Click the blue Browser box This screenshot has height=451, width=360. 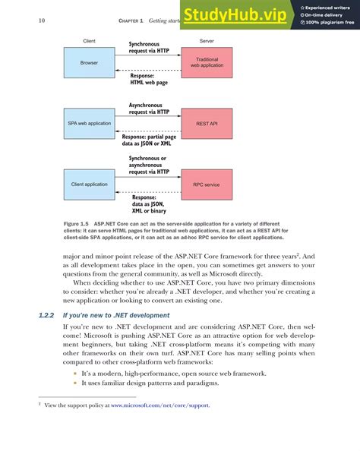[x=89, y=63]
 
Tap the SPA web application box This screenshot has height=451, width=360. [x=89, y=122]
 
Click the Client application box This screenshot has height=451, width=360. [x=89, y=184]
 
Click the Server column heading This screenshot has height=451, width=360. [x=206, y=40]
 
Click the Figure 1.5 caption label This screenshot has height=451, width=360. [x=76, y=224]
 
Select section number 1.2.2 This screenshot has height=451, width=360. [x=49, y=314]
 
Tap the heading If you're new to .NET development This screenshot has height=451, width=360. [x=125, y=314]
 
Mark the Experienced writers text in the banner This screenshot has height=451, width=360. [x=331, y=7]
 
